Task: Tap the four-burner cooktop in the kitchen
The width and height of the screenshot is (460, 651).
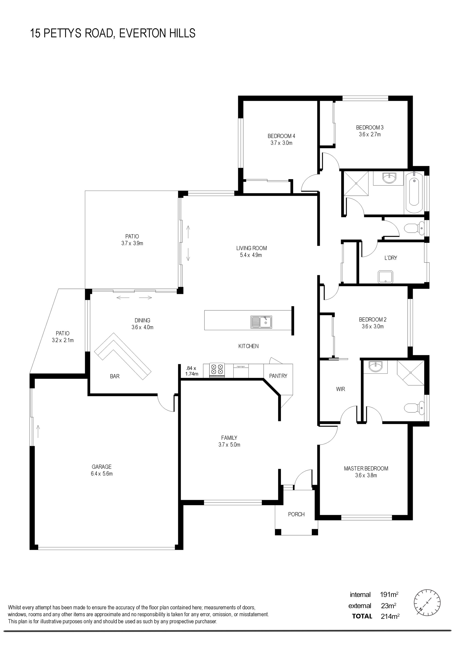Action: [217, 370]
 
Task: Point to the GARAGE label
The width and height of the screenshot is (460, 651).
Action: [101, 466]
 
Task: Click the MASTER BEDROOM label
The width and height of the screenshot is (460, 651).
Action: [366, 469]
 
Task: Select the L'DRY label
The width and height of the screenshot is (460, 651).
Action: [391, 258]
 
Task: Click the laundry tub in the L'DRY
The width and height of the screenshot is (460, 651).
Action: [386, 277]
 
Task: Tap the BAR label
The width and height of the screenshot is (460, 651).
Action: [115, 376]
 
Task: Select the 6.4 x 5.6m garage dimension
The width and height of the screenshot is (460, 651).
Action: [102, 474]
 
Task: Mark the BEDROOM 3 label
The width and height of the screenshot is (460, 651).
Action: [370, 127]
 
